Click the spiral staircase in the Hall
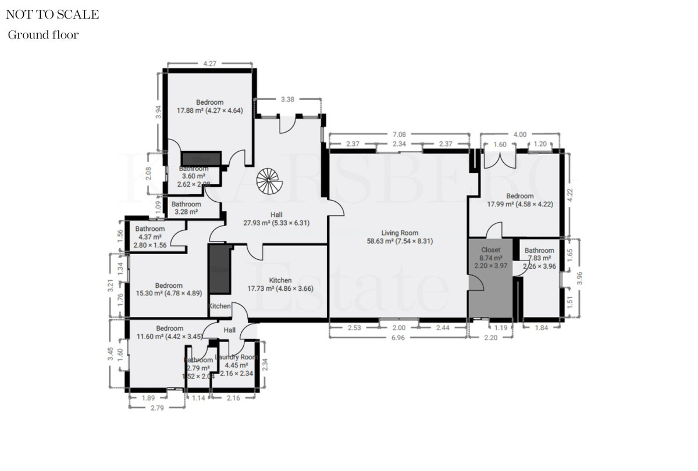coord(269,181)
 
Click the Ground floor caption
coord(43,35)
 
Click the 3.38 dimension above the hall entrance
coord(287,99)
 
